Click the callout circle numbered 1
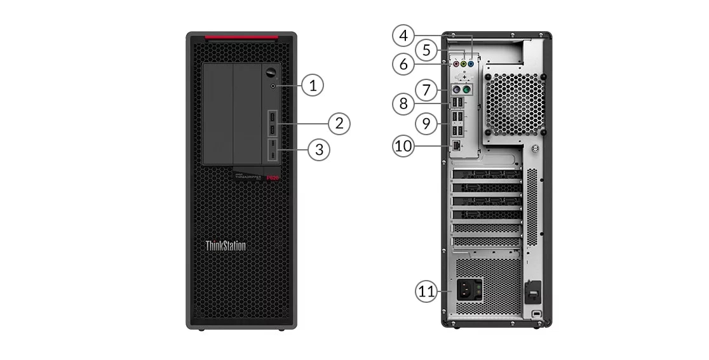pos(312,84)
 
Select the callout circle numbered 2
pos(339,123)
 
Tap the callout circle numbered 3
pos(320,149)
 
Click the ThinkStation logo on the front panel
pos(226,245)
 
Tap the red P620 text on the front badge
pos(273,178)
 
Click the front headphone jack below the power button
pos(273,84)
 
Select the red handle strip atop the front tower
pos(241,39)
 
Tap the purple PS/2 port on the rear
pos(457,91)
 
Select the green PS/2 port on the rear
pos(466,91)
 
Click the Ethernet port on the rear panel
pos(457,146)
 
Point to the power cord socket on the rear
pos(466,291)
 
